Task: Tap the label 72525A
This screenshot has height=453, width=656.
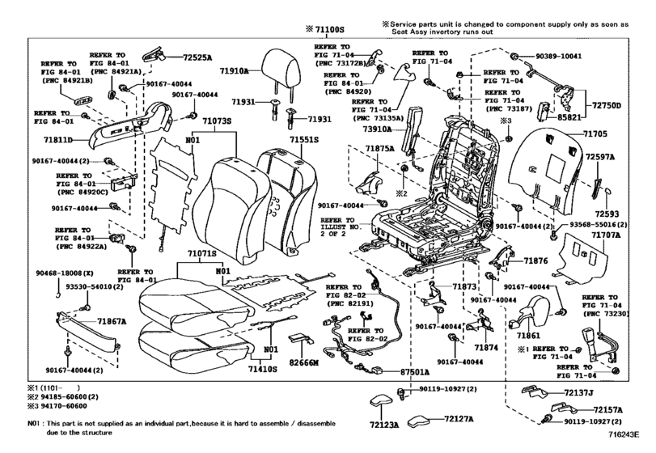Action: pyautogui.click(x=197, y=58)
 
